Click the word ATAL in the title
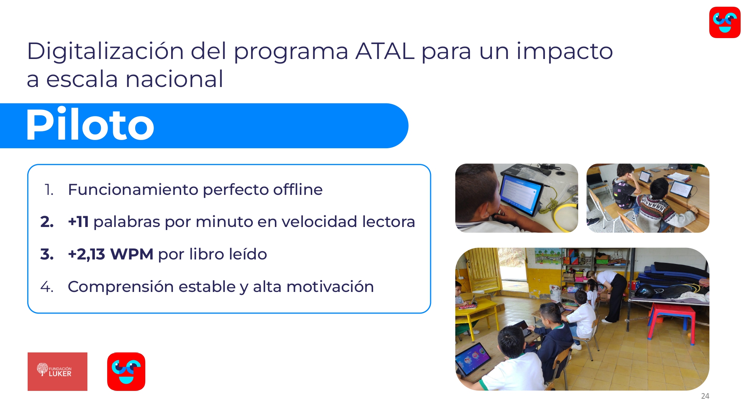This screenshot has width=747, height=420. tap(385, 51)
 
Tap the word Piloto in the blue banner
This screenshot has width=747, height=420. tap(90, 125)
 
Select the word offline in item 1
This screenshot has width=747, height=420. tap(298, 189)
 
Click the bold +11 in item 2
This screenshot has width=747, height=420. tap(78, 222)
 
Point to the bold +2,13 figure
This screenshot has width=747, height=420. tap(87, 255)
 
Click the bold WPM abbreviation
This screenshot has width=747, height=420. tap(132, 254)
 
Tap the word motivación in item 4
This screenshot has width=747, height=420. tap(330, 287)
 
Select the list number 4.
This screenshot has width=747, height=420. tap(47, 287)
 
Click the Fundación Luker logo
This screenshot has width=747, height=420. tap(58, 371)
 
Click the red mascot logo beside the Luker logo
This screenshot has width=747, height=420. tap(126, 371)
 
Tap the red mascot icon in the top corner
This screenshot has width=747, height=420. tap(725, 22)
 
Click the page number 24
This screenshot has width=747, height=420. tap(705, 396)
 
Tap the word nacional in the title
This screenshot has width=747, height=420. tap(174, 79)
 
